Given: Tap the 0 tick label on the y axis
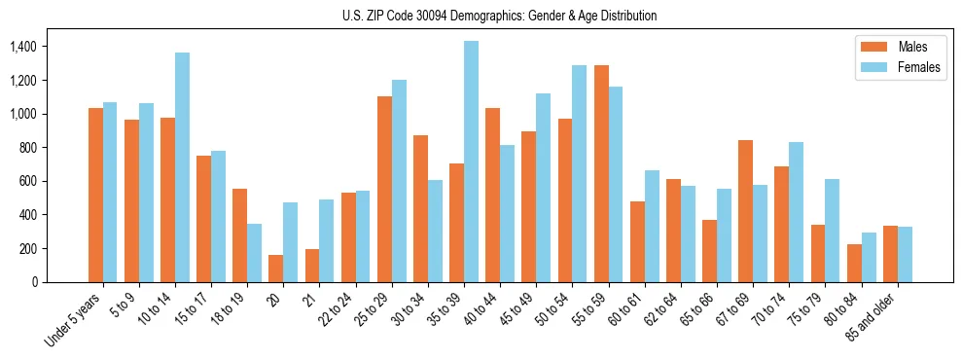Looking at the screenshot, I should (x=34, y=282).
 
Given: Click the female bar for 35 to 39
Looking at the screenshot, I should (x=471, y=162).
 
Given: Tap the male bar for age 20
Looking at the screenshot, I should (x=276, y=269).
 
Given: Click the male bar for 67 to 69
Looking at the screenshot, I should (x=745, y=211).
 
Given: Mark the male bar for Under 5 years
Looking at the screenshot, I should (x=95, y=195).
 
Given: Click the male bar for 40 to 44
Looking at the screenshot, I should (x=492, y=195).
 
